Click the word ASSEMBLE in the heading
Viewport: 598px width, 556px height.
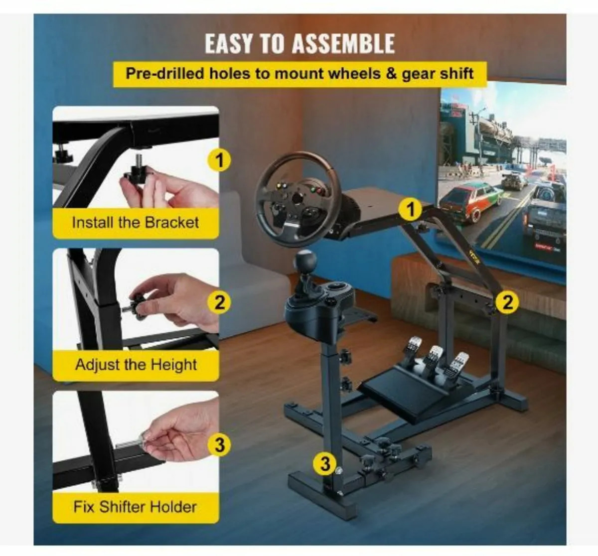(343, 44)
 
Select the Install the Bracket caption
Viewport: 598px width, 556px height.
(135, 223)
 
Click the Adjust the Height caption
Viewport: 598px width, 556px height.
(136, 365)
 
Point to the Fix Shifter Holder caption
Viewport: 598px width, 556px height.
(135, 507)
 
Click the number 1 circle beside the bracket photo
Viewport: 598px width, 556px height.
(219, 160)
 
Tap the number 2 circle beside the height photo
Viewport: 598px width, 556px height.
(219, 302)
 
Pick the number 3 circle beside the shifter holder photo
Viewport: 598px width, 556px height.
(219, 444)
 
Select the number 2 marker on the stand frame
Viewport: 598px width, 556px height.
(507, 302)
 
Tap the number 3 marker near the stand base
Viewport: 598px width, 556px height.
(325, 464)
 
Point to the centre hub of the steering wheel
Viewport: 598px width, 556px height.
(298, 199)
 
